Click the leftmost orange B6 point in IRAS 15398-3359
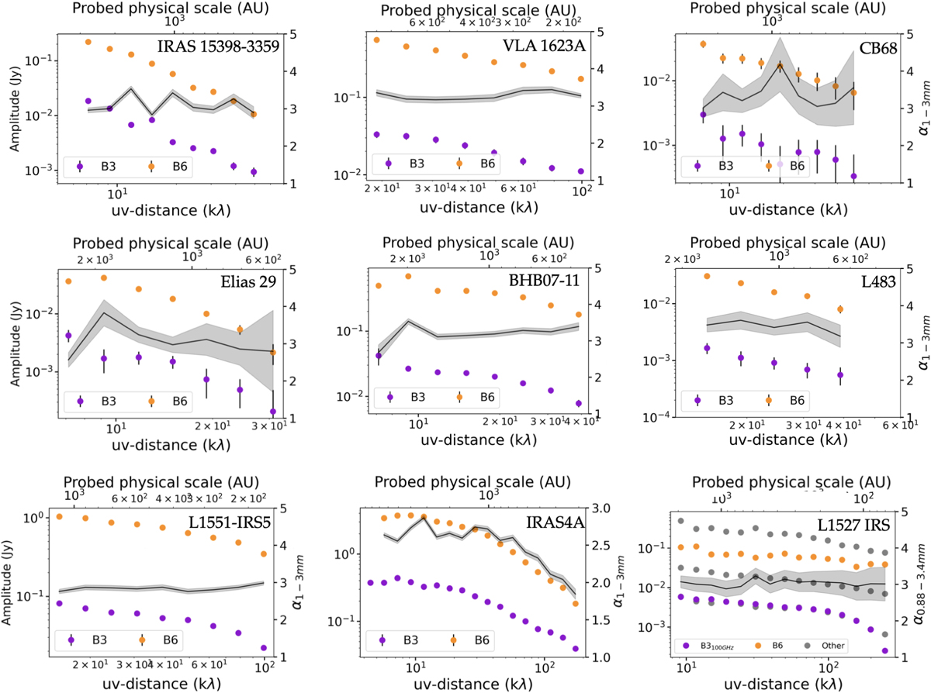coord(88,42)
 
